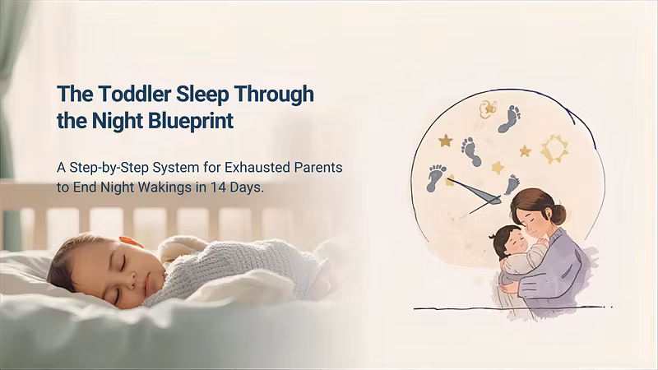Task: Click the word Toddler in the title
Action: pyautogui.click(x=135, y=94)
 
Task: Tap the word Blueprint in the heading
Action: pyautogui.click(x=191, y=121)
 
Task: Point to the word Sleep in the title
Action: pyautogui.click(x=202, y=95)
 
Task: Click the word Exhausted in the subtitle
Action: pyautogui.click(x=257, y=168)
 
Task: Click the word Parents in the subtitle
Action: pyautogui.click(x=318, y=168)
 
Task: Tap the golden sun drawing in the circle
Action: pyautogui.click(x=554, y=149)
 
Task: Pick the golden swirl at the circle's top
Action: pyautogui.click(x=488, y=109)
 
